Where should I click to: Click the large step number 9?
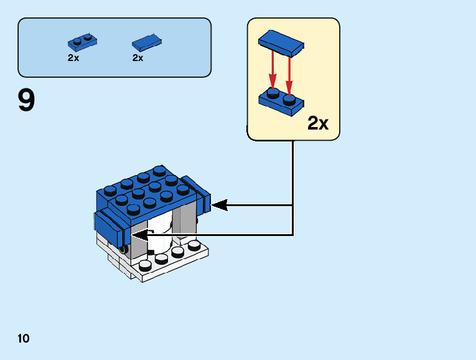[27, 101]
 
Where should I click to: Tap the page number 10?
[24, 339]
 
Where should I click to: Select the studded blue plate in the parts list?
[82, 42]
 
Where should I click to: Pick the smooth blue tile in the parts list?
[147, 42]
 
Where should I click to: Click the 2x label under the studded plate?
[73, 58]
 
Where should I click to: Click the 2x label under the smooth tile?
[138, 58]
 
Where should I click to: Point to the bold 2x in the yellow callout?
[318, 123]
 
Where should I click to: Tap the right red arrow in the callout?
[289, 72]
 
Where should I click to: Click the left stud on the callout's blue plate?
[272, 93]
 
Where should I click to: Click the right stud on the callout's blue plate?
[289, 98]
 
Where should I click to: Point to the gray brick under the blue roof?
[185, 220]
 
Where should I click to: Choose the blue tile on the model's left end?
[112, 227]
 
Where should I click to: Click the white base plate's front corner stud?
[147, 265]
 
